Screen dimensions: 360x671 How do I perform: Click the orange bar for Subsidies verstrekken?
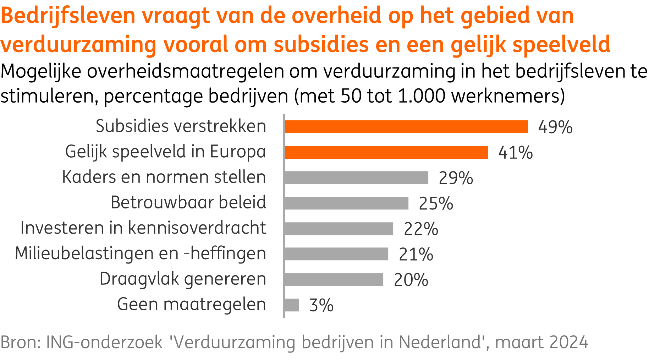tap(406, 127)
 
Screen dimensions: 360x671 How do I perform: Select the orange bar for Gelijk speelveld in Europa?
tap(386, 152)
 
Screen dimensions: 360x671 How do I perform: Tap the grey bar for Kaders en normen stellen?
tap(356, 178)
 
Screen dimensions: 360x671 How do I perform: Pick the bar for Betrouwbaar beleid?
tap(346, 203)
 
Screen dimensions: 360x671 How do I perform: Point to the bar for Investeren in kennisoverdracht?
tap(339, 229)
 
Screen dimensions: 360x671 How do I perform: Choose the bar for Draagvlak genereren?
tap(334, 279)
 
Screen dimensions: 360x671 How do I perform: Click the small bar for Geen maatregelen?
tap(292, 305)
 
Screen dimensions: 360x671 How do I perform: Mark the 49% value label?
tap(555, 127)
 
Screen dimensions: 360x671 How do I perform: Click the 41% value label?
tap(515, 153)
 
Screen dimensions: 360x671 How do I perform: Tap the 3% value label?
tap(321, 305)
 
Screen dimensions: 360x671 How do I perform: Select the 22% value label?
tap(421, 229)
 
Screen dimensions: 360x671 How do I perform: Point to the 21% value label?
tap(416, 255)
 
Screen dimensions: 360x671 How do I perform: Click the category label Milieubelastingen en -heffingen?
tap(141, 254)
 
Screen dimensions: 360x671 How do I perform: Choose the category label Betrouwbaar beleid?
tap(188, 203)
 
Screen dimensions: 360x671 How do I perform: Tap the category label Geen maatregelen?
tap(191, 305)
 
